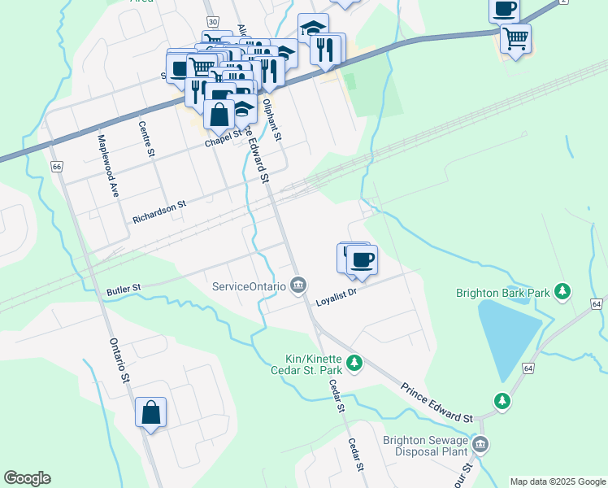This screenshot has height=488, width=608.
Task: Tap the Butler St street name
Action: pos(124,289)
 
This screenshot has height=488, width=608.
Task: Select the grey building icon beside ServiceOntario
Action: pos(298,285)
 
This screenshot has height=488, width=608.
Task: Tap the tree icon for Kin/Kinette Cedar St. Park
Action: pos(354,364)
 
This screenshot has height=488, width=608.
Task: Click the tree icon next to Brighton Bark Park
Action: pos(561,292)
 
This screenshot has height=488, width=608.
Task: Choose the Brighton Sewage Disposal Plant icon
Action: pos(480,444)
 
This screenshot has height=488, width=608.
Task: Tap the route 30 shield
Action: pos(212,20)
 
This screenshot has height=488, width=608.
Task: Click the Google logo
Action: pos(27,478)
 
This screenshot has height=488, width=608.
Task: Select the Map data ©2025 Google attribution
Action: pos(558,481)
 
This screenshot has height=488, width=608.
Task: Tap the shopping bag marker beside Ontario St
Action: pos(151,412)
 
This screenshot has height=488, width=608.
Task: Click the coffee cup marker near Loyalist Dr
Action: pos(362,260)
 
